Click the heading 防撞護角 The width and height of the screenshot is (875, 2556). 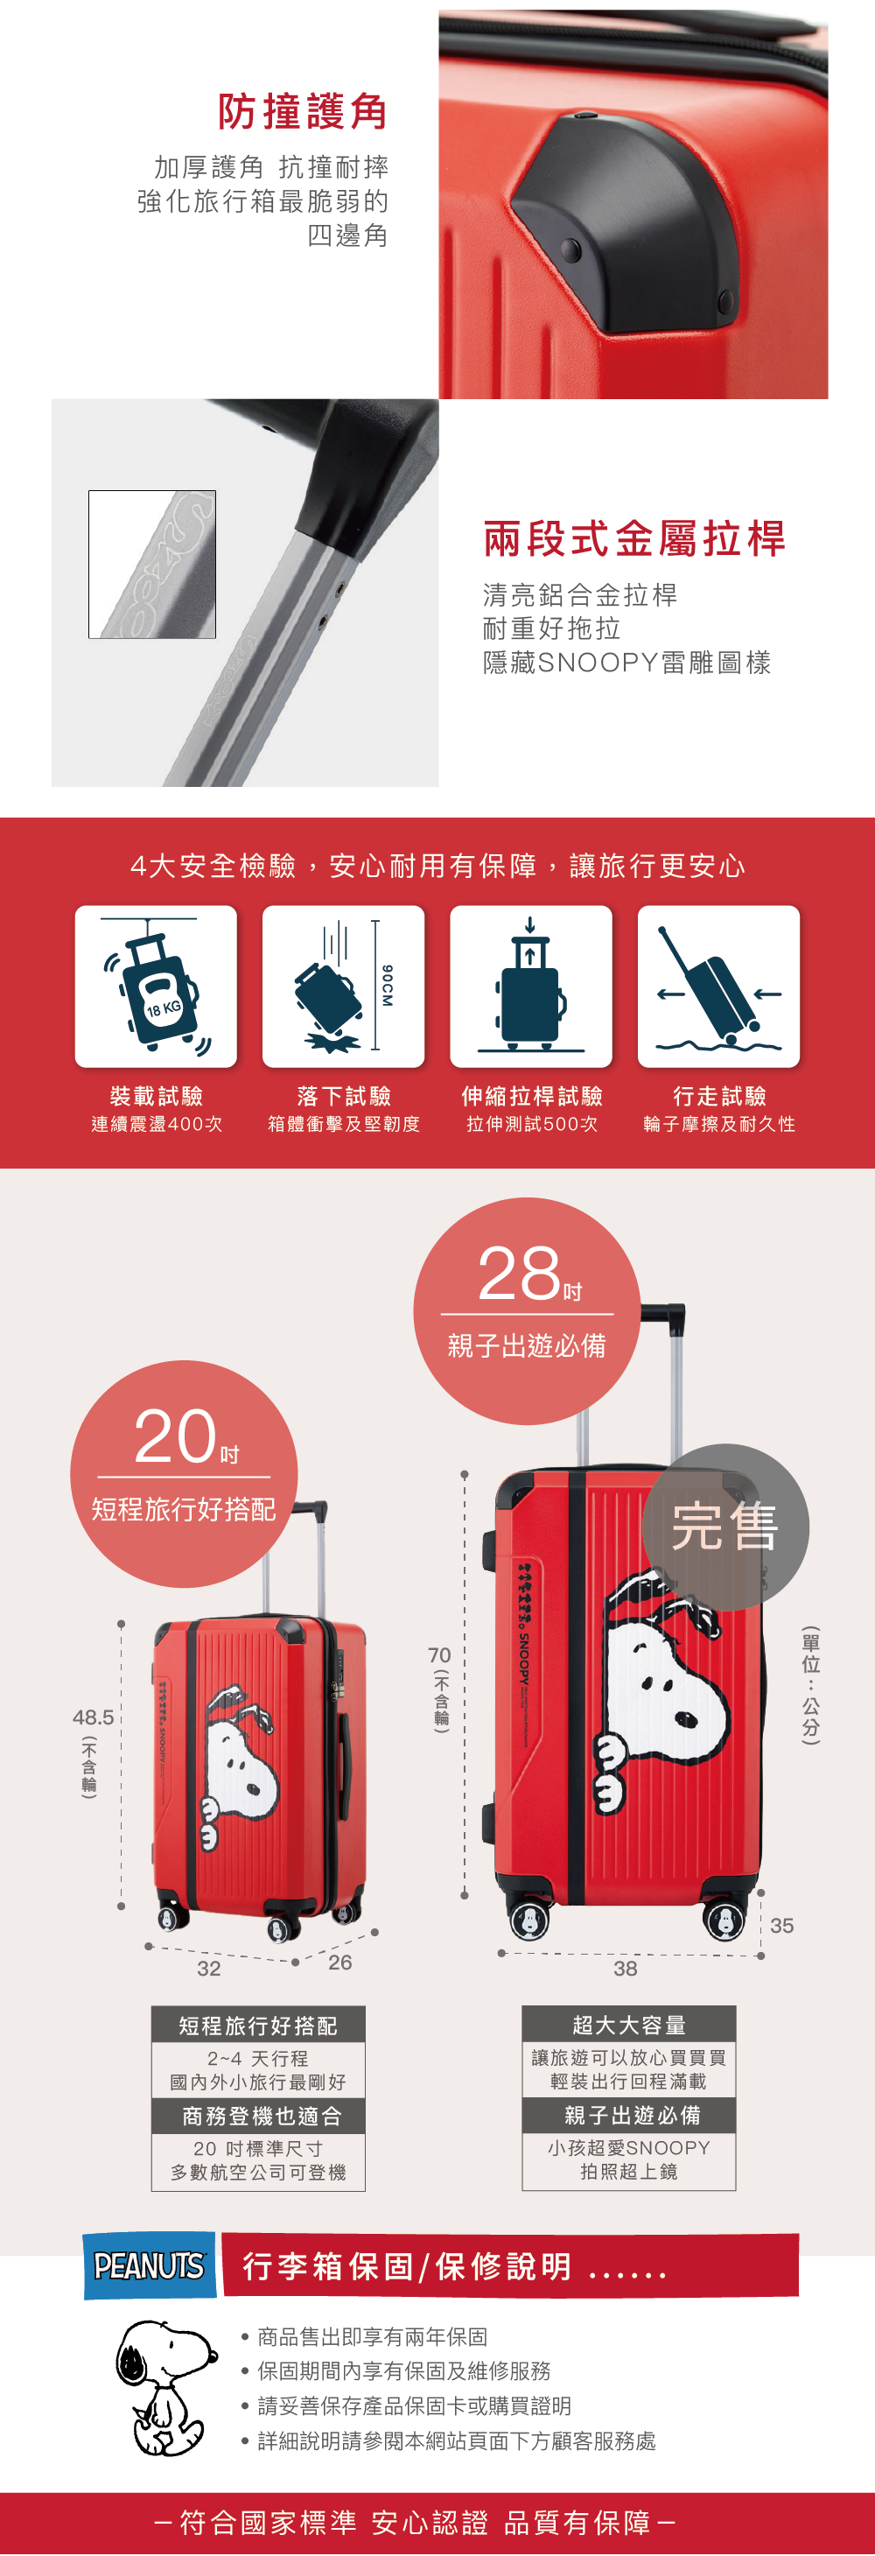[x=303, y=111]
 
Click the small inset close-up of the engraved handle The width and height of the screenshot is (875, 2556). [x=151, y=564]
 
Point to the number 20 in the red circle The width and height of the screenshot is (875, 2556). [x=175, y=1436]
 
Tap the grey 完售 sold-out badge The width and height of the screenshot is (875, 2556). [x=726, y=1526]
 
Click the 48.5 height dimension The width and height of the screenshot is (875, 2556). [x=94, y=1717]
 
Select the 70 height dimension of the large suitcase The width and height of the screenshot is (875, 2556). [x=439, y=1655]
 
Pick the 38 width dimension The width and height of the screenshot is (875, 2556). [x=625, y=1969]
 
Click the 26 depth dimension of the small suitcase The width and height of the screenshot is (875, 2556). [x=340, y=1963]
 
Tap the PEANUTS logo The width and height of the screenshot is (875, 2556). [x=149, y=2266]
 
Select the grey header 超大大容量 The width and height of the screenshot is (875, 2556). [x=629, y=2024]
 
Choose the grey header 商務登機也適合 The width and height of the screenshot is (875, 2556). [x=259, y=2116]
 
